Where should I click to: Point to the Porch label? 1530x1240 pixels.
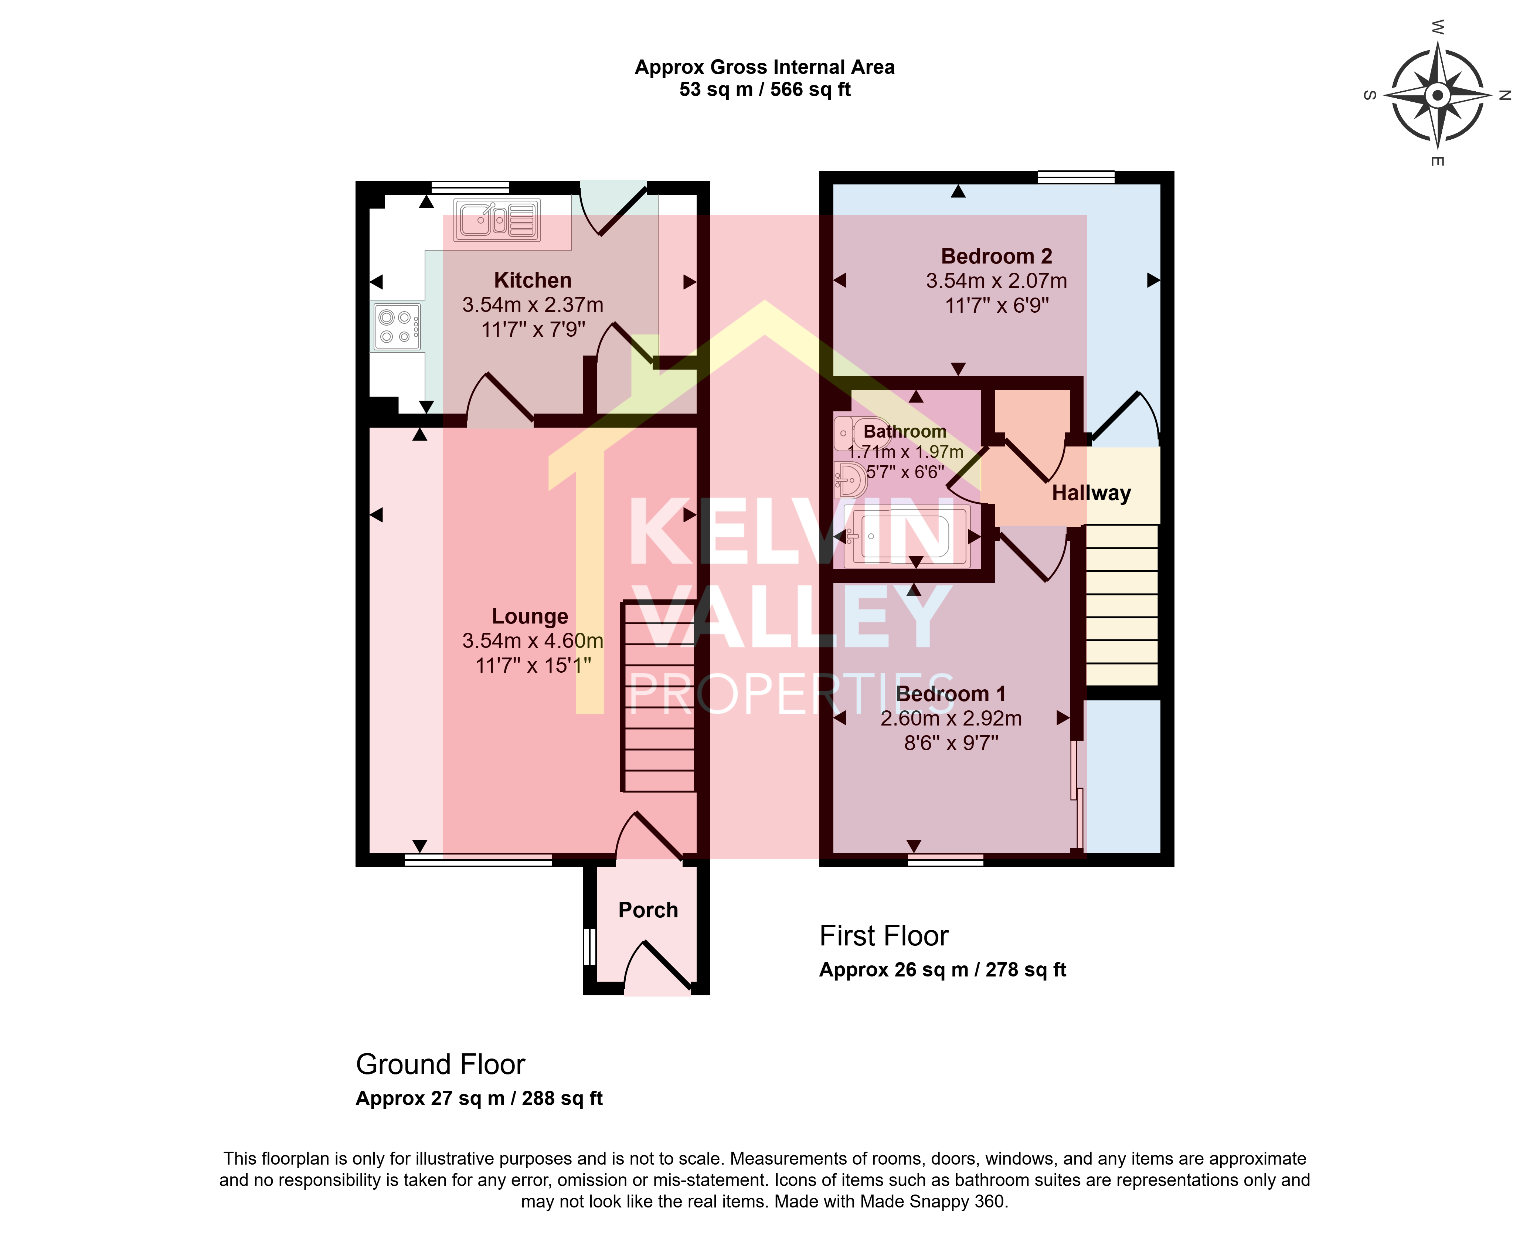[648, 910]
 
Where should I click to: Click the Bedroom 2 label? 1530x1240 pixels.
[996, 256]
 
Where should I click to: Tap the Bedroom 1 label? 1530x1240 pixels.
[951, 694]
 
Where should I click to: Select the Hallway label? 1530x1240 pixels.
[1091, 493]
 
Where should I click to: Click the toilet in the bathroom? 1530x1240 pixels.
[862, 433]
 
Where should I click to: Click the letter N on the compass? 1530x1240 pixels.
[1504, 95]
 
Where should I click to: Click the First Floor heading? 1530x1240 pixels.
[884, 936]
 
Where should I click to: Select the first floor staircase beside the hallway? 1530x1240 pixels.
[1121, 605]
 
